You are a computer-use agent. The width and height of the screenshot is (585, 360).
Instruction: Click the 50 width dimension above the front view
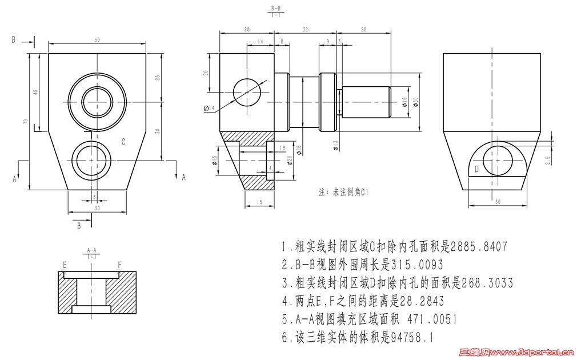(x=97, y=39)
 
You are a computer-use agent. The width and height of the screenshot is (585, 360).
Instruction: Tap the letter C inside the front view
(x=123, y=141)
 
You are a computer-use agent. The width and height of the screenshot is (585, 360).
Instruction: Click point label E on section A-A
(x=65, y=265)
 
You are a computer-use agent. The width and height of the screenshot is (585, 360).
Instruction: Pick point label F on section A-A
(x=119, y=265)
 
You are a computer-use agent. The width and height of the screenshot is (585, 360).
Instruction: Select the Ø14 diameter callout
(x=209, y=109)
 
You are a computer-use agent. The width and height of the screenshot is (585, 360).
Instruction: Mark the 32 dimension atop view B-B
(x=304, y=28)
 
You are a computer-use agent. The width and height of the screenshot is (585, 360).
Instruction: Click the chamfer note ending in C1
(x=343, y=193)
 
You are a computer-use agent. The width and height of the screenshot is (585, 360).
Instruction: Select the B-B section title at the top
(x=276, y=9)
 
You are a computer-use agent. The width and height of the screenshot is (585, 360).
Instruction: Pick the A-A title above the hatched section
(x=91, y=250)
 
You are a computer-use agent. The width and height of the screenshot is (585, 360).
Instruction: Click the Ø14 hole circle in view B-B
(x=247, y=91)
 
